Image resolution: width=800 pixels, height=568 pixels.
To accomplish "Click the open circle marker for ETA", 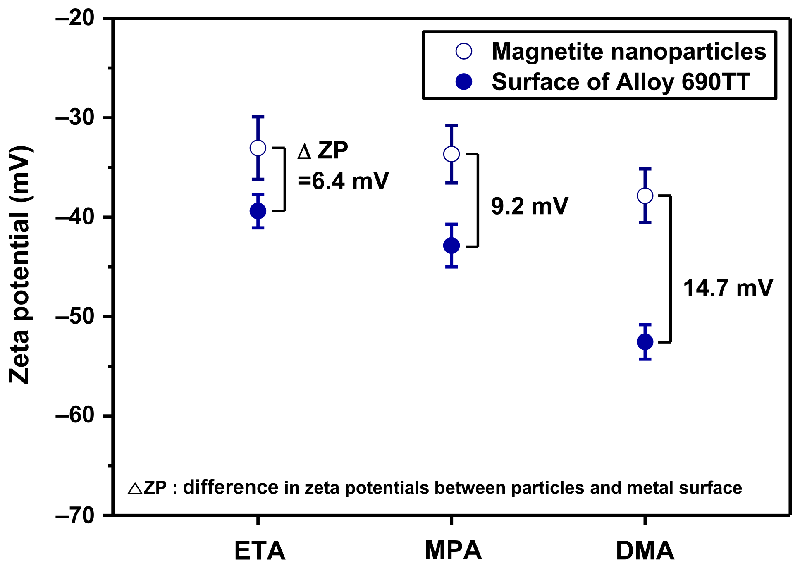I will (258, 148).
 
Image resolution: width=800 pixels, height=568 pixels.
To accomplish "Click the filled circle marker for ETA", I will (258, 211).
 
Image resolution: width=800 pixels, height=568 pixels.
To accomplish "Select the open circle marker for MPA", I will (451, 154).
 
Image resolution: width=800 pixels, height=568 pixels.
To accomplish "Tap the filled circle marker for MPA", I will (451, 246).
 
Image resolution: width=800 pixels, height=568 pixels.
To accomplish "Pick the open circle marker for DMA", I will (645, 196).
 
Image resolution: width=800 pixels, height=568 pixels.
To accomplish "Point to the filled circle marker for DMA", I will (645, 342).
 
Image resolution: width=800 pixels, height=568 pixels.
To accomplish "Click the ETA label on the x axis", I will (260, 551).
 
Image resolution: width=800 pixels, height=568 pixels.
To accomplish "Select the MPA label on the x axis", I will (453, 551).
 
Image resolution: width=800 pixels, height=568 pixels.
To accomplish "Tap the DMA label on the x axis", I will (645, 551).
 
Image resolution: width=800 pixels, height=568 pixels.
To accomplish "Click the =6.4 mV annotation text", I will (343, 181).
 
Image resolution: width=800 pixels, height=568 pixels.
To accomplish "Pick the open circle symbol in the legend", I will (463, 51).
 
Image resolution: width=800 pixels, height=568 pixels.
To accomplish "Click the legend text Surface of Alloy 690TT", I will (621, 82).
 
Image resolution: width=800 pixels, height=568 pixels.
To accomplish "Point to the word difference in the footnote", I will (231, 488).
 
